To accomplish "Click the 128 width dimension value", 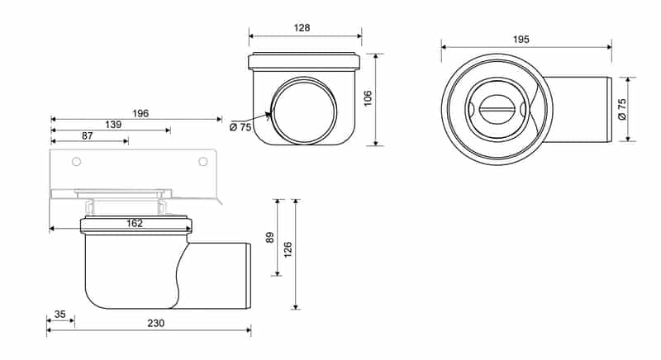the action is pos(302,28).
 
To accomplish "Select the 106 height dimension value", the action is pos(368,98).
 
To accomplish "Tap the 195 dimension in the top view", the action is pos(521,40).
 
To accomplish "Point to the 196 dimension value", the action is pos(140,113).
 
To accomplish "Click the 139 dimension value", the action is pos(113,125).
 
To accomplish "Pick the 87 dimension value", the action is pos(88,136).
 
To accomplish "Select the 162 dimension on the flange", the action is pos(135,224).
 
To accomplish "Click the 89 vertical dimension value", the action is pos(270,238).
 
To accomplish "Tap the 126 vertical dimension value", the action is pos(288,249).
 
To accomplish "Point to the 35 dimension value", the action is pos(60,315).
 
